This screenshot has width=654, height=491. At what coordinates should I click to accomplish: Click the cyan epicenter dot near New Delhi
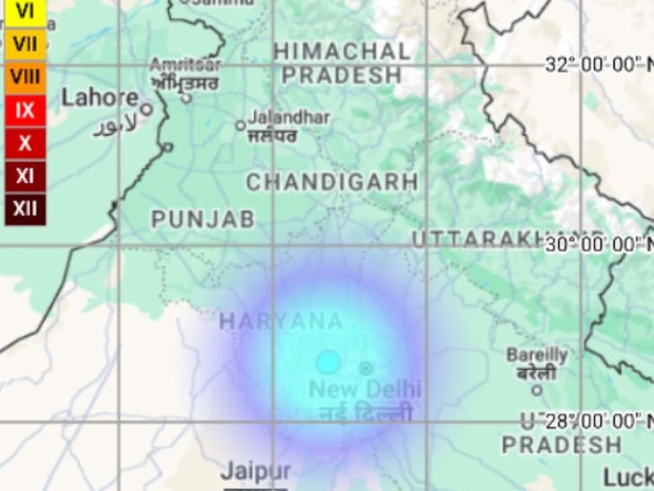pyautogui.click(x=328, y=362)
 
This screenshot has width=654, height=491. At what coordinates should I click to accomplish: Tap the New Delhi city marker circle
pyautogui.click(x=366, y=367)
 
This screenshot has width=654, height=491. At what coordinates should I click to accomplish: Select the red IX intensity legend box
pyautogui.click(x=25, y=110)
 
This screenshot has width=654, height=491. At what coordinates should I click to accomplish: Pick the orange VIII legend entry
pyautogui.click(x=25, y=77)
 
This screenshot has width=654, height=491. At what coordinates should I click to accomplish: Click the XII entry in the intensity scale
pyautogui.click(x=25, y=209)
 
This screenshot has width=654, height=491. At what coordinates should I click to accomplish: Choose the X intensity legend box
pyautogui.click(x=25, y=143)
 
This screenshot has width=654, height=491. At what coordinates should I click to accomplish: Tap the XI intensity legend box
pyautogui.click(x=25, y=177)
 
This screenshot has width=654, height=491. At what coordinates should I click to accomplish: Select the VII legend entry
pyautogui.click(x=25, y=43)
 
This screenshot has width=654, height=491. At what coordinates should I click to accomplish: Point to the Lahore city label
pyautogui.click(x=99, y=98)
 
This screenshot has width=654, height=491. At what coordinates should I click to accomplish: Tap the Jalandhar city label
pyautogui.click(x=288, y=117)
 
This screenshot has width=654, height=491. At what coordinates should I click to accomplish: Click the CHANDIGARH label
pyautogui.click(x=331, y=182)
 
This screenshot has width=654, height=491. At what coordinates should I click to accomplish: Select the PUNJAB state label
pyautogui.click(x=202, y=219)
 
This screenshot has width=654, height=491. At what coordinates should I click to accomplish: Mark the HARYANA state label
pyautogui.click(x=280, y=322)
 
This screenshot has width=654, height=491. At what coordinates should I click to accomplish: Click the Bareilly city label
pyautogui.click(x=537, y=356)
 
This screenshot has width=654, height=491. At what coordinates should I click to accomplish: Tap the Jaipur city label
pyautogui.click(x=255, y=471)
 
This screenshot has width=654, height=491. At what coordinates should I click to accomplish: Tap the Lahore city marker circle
pyautogui.click(x=146, y=109)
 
